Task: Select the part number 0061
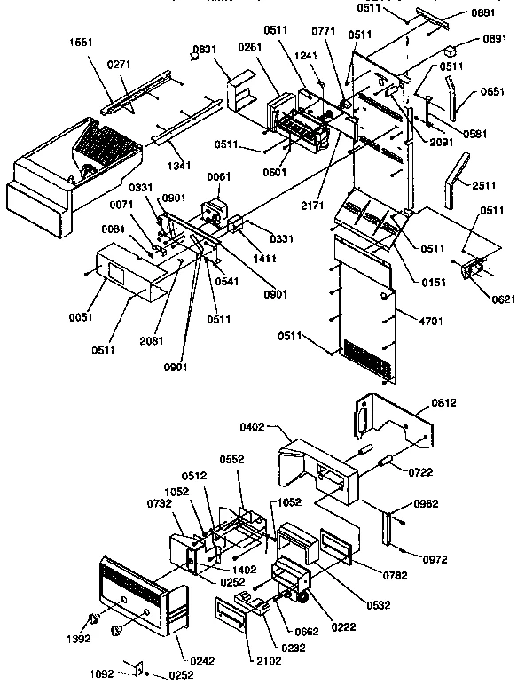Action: pos(218,177)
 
